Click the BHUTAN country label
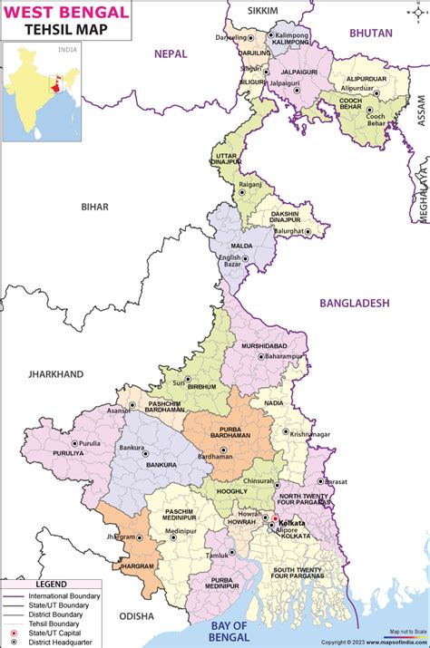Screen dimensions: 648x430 click(x=372, y=34)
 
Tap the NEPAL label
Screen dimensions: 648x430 click(x=171, y=53)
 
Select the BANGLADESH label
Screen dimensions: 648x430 click(x=354, y=303)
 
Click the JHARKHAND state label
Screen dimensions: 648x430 click(x=54, y=373)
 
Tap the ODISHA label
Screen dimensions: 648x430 click(x=138, y=615)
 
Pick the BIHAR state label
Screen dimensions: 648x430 click(x=93, y=207)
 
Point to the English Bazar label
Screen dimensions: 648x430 click(x=230, y=262)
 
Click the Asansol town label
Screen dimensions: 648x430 click(x=118, y=411)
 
